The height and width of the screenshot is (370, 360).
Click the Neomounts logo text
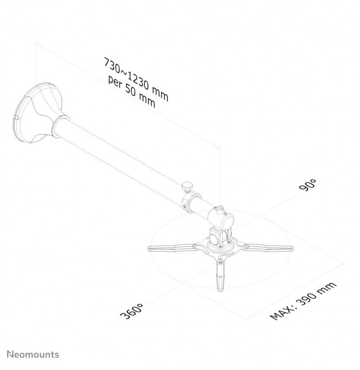tap(33, 354)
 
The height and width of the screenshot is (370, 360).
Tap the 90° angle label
tap(307, 184)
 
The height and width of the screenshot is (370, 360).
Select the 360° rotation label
tap(131, 311)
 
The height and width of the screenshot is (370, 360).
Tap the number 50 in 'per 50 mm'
tap(131, 91)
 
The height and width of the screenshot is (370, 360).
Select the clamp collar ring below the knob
tap(190, 201)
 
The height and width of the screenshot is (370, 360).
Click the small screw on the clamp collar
tap(185, 207)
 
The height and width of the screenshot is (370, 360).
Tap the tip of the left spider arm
tap(149, 248)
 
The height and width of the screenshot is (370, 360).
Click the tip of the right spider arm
tap(292, 248)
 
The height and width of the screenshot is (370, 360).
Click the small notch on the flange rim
tap(17, 117)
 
